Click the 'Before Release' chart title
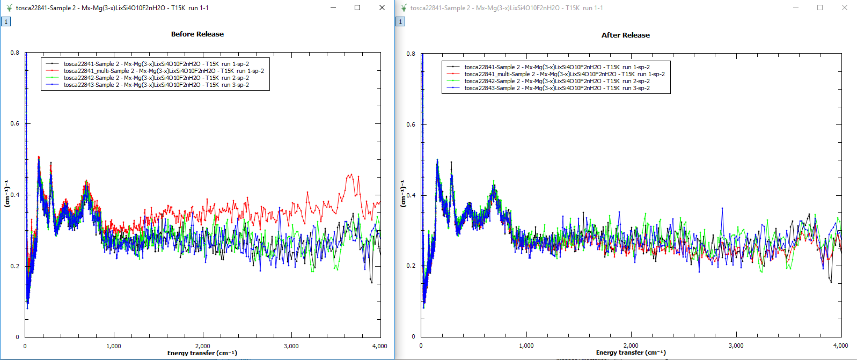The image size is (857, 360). tap(197, 34)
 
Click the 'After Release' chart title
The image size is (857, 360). tap(625, 35)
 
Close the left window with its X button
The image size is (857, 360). tap(382, 8)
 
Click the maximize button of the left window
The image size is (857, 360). tap(357, 8)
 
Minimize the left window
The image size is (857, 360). tap(333, 8)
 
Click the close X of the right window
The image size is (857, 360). tap(844, 8)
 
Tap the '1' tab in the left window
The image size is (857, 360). tap(6, 21)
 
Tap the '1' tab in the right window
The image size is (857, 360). tap(400, 21)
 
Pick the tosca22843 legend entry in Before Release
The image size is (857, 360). tap(156, 85)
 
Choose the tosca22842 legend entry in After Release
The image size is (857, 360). tap(557, 81)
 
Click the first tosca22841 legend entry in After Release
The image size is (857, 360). tap(557, 67)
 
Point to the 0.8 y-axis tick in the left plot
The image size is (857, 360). tap(14, 53)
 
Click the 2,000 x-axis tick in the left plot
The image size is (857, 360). tap(202, 346)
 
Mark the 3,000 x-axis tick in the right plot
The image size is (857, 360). tap(736, 346)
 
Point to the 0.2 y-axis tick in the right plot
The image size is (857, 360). tap(411, 266)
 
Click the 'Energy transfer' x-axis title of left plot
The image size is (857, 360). tap(202, 353)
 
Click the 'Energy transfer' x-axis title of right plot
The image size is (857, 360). tap(631, 353)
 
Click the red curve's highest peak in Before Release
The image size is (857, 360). tap(351, 174)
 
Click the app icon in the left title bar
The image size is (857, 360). tap(9, 8)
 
